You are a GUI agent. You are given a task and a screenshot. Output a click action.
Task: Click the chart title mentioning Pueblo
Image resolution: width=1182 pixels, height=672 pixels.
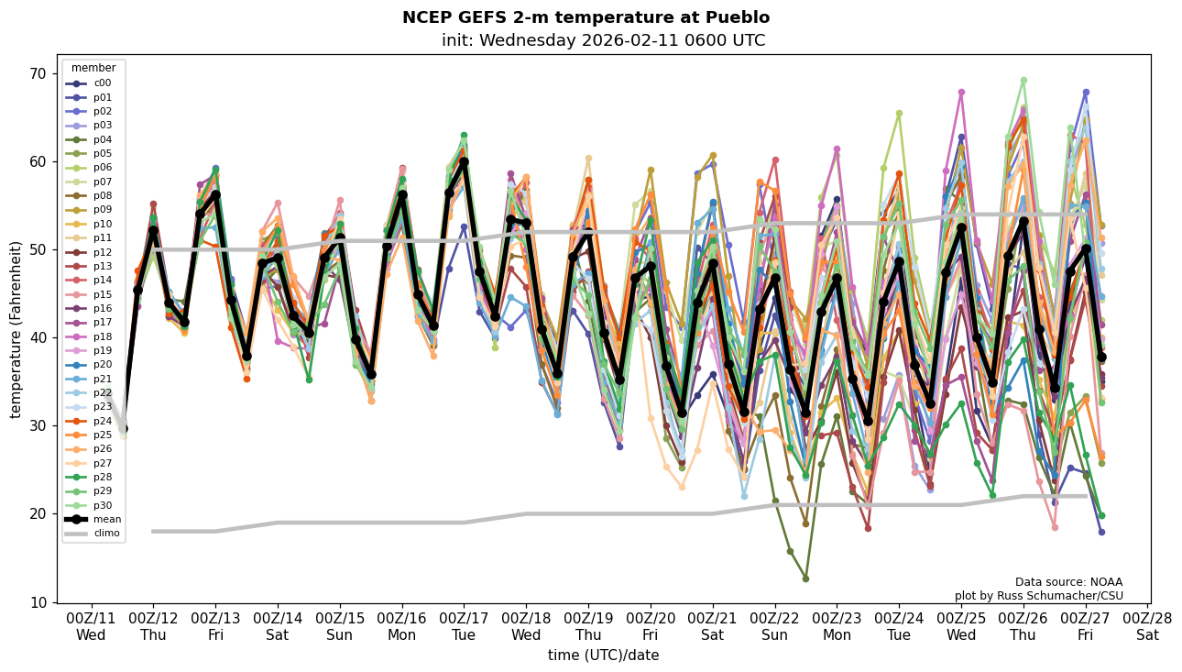point(586,17)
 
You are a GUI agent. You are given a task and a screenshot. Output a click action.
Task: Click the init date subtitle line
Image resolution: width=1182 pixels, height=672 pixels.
point(603,40)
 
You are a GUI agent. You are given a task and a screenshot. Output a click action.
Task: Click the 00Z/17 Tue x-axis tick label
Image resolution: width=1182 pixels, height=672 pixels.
point(465,626)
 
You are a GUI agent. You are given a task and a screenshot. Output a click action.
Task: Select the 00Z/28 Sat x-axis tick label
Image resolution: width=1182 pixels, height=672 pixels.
point(1148,626)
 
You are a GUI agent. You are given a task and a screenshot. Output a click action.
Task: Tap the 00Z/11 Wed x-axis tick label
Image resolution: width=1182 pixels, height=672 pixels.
point(91,626)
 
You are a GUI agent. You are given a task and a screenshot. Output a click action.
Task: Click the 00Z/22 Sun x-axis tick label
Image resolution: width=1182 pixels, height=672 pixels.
point(775,626)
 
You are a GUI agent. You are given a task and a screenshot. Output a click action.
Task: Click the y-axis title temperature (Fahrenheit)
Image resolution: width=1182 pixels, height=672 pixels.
point(16,329)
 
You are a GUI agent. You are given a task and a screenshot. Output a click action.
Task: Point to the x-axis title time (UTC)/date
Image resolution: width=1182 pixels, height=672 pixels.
point(603,655)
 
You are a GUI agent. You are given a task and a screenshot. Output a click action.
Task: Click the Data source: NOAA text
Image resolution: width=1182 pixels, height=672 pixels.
point(1068,582)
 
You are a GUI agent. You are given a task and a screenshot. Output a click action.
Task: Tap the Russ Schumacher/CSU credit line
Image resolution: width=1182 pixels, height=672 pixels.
point(1038,596)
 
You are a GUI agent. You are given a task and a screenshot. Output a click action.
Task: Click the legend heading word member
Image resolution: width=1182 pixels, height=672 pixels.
point(93,68)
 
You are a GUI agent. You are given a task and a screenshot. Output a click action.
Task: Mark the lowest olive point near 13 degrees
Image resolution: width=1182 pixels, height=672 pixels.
point(805,578)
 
